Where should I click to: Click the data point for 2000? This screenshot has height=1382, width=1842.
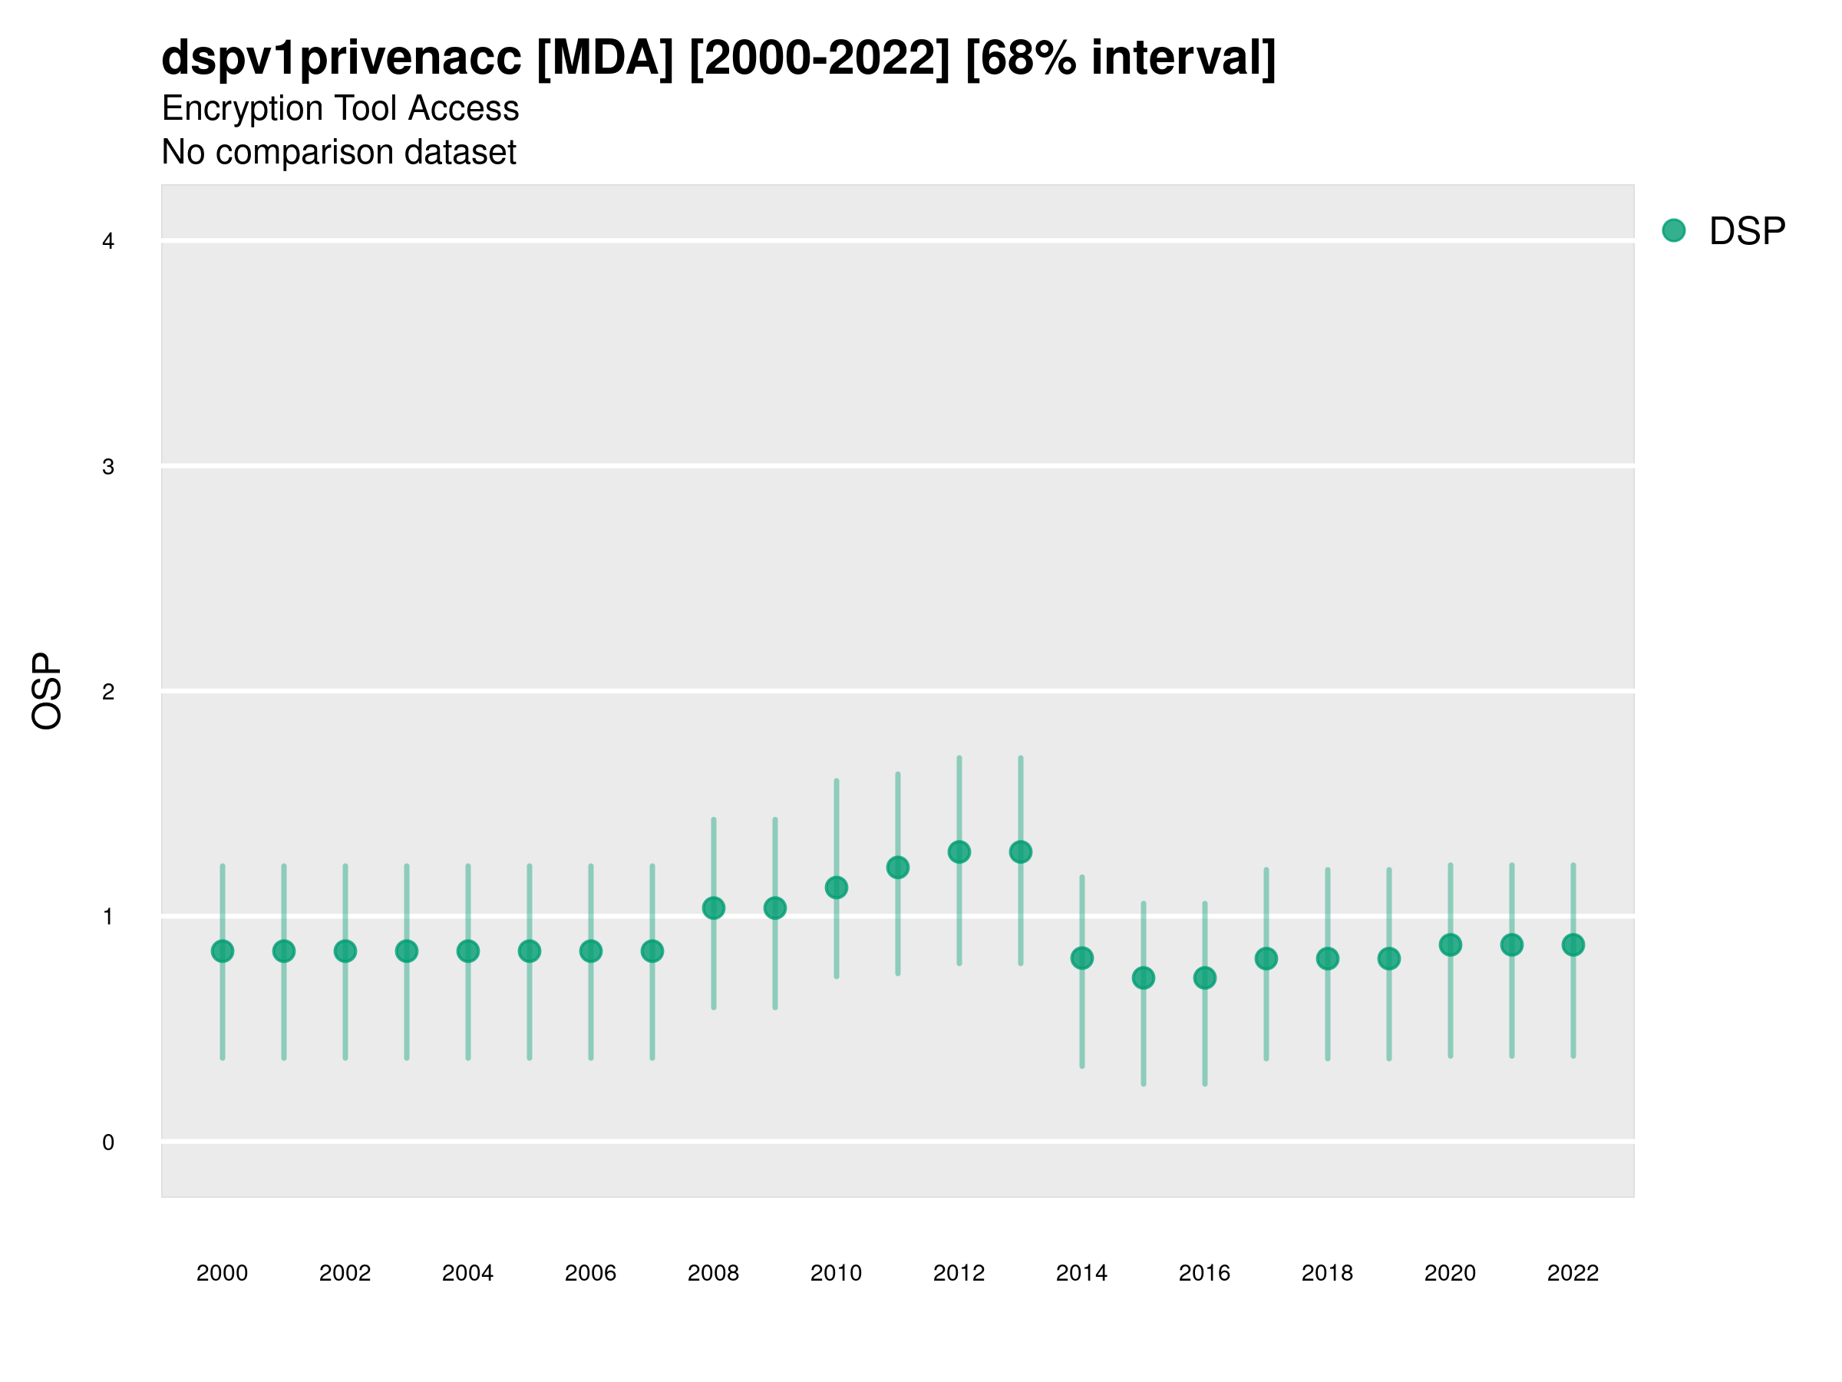[223, 951]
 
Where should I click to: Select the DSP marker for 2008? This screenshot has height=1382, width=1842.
[714, 908]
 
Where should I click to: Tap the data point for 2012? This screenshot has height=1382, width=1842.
[959, 852]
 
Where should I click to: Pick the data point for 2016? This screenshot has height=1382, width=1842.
[1205, 978]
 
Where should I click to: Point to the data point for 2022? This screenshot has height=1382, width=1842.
[1573, 944]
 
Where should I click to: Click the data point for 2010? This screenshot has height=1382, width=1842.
[836, 888]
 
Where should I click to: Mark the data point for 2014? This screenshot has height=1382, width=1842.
[1081, 958]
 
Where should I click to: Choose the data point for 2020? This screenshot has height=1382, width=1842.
[1451, 944]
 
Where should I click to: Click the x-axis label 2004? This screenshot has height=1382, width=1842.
[468, 1273]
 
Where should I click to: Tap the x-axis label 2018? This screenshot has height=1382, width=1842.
[1327, 1273]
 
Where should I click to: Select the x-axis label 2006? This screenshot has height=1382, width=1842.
[590, 1273]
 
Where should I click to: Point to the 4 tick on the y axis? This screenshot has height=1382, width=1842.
[108, 242]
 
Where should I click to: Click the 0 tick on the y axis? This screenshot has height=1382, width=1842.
[108, 1142]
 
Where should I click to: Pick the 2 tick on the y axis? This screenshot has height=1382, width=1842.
[108, 692]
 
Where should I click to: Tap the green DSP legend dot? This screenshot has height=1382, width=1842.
[1674, 231]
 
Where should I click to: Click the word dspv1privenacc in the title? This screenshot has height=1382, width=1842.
[342, 58]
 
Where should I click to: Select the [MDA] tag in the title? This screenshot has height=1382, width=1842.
[606, 58]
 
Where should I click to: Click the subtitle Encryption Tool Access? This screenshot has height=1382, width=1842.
[340, 108]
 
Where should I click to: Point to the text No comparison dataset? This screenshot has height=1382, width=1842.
[339, 153]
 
